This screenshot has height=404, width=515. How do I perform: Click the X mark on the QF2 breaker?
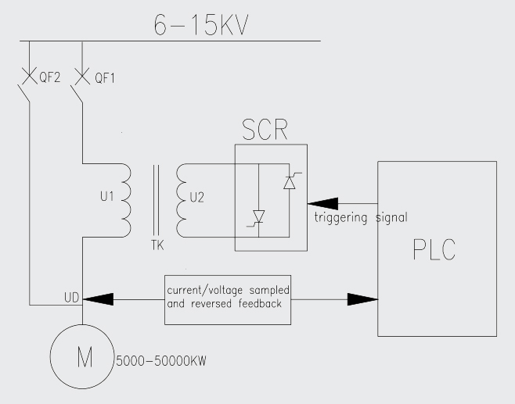pyautogui.click(x=30, y=77)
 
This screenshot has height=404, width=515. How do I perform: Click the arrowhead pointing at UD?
pyautogui.click(x=97, y=299)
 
